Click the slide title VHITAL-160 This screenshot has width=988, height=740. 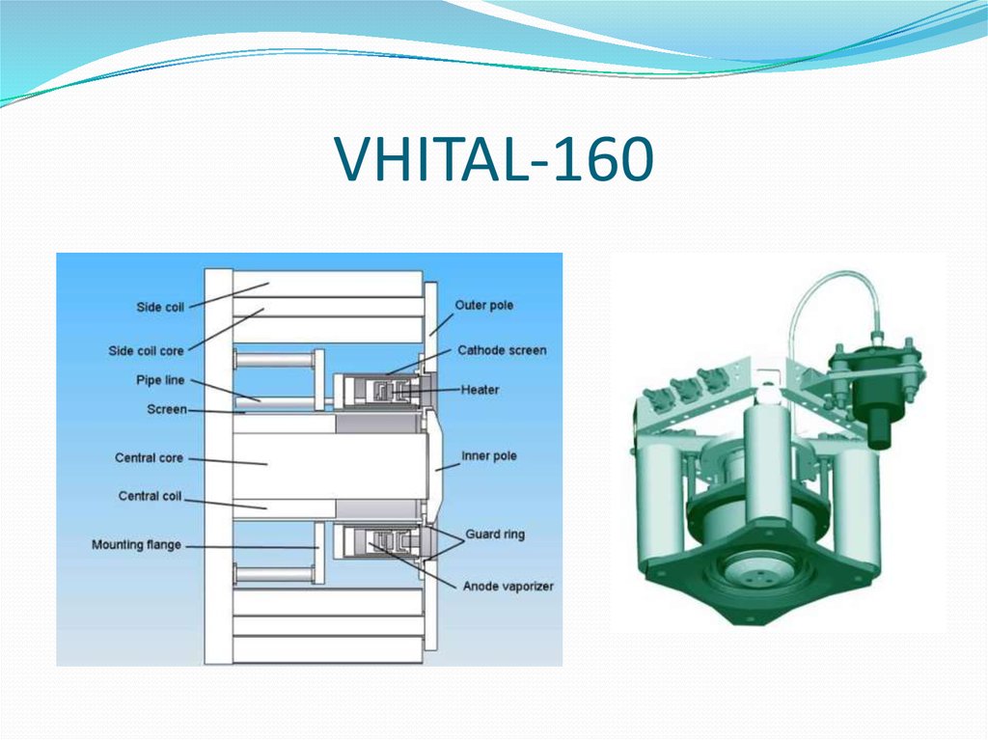click(x=494, y=161)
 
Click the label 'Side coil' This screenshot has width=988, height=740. click(x=161, y=307)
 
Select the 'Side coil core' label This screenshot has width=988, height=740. click(x=146, y=350)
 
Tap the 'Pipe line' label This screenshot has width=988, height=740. click(x=160, y=381)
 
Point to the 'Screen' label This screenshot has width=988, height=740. click(x=166, y=409)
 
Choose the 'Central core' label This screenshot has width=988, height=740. click(x=149, y=457)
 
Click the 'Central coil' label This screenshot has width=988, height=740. click(x=150, y=496)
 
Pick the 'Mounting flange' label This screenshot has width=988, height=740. click(x=136, y=545)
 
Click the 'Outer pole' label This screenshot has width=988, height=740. click(x=484, y=306)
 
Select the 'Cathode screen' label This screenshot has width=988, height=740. click(x=502, y=350)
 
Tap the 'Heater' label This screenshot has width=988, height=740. click(x=480, y=390)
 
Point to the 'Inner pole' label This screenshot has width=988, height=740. click(x=488, y=455)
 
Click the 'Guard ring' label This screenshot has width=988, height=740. click(x=495, y=534)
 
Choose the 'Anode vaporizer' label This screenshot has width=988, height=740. click(x=508, y=586)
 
